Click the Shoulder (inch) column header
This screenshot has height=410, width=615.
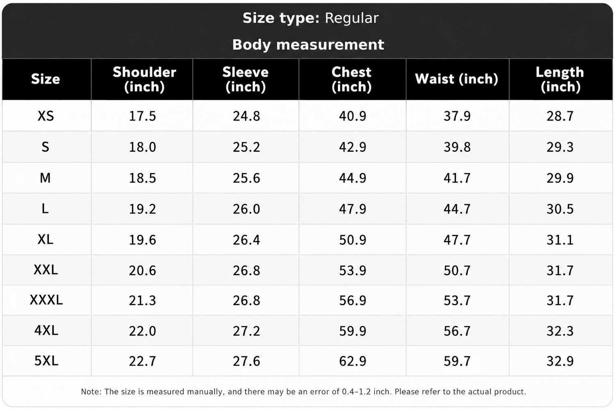[144, 80]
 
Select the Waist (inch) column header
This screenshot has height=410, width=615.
[456, 79]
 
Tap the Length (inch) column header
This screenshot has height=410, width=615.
[560, 80]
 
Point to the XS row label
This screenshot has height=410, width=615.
[46, 116]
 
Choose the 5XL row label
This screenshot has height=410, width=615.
[46, 360]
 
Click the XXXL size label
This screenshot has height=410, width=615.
[46, 300]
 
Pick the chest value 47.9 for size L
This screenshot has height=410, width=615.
[353, 209]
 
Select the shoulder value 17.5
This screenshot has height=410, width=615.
[143, 116]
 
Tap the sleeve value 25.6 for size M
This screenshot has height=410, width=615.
[246, 178]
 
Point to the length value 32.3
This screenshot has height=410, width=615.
[560, 331]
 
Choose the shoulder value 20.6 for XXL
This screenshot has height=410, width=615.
[143, 271]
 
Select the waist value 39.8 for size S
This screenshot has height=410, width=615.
[457, 147]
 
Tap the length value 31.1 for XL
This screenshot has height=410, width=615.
[560, 240]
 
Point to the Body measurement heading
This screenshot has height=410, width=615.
[308, 45]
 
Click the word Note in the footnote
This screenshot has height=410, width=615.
[90, 392]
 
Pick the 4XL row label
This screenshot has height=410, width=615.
[46, 330]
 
